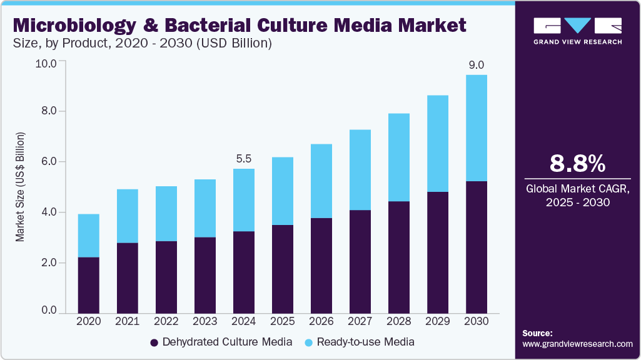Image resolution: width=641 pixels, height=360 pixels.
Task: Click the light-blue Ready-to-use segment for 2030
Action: [x=477, y=128]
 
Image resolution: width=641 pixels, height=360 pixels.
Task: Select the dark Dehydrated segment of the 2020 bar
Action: [x=88, y=285]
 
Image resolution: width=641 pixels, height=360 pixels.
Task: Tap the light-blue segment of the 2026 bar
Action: [x=321, y=181]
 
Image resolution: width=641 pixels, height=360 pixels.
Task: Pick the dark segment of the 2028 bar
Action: [x=399, y=257]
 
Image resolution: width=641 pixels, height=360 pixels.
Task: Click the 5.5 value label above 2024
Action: [x=244, y=159]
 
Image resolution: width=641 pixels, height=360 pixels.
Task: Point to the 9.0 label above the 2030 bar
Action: [x=477, y=65]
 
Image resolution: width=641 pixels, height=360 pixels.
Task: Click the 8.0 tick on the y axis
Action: [x=48, y=111]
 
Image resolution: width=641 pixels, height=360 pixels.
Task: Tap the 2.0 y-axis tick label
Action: [x=48, y=263]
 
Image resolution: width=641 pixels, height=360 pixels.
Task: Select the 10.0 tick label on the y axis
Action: [x=46, y=63]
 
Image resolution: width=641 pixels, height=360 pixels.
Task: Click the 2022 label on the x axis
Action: [x=166, y=321]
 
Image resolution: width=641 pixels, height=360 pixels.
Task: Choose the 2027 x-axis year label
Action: [x=360, y=321]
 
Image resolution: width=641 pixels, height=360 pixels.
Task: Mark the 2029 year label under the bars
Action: [x=438, y=321]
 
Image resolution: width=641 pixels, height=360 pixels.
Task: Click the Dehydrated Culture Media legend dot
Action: [x=154, y=342]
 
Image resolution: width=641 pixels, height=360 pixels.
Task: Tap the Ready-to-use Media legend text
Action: [x=365, y=342]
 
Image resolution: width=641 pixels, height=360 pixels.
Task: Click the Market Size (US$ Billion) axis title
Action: [x=20, y=187]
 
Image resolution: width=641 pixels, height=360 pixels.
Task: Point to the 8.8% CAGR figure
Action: [x=577, y=164]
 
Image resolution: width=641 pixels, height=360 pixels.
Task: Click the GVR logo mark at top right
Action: [x=577, y=26]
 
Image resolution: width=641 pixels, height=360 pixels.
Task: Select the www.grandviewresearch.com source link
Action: [x=577, y=344]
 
